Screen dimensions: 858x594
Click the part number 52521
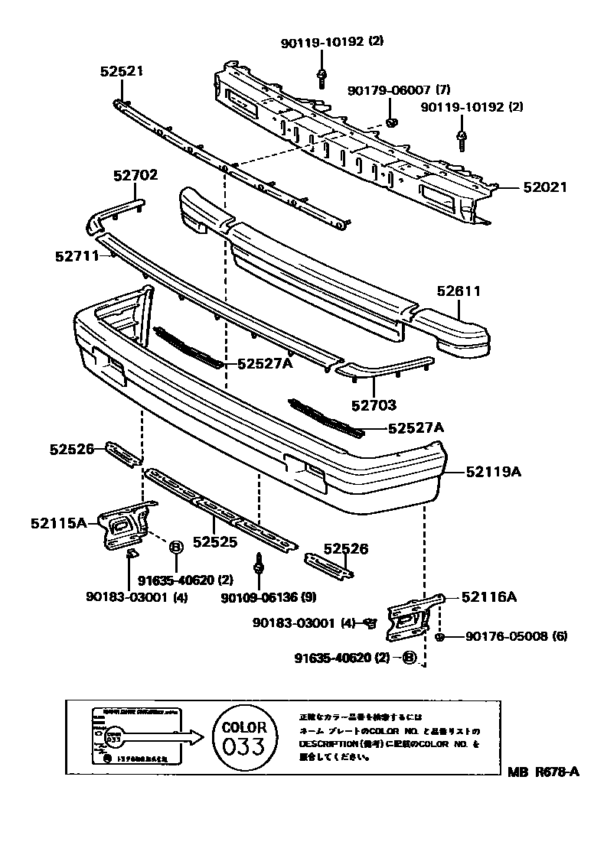[x=121, y=71]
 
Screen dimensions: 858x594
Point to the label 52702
[x=135, y=175]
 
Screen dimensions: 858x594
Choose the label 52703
[x=374, y=405]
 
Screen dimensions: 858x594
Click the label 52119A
[x=493, y=472]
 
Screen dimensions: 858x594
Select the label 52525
[x=215, y=542]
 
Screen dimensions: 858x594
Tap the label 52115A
[x=59, y=524]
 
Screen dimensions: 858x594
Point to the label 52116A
[x=487, y=597]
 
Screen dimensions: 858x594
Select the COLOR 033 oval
[x=244, y=738]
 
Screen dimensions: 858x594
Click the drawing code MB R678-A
[x=543, y=772]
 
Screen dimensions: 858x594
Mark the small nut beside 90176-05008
[x=439, y=637]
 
